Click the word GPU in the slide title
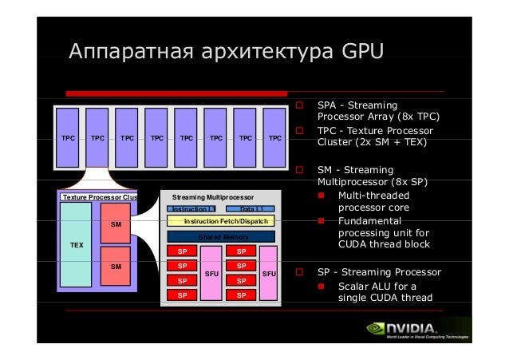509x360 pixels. [x=363, y=53]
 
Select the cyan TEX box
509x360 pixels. [x=76, y=244]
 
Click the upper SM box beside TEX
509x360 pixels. [x=116, y=224]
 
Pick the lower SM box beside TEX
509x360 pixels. [x=116, y=266]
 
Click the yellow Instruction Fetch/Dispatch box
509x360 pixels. [x=221, y=220]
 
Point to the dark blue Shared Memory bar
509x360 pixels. [x=221, y=236]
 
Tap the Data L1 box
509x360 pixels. [x=251, y=208]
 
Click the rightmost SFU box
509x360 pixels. [x=269, y=274]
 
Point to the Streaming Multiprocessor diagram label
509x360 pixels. [x=213, y=196]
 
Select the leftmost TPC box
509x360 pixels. [x=69, y=137]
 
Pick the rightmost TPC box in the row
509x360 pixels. [x=274, y=137]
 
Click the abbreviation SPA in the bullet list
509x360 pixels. [x=328, y=105]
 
